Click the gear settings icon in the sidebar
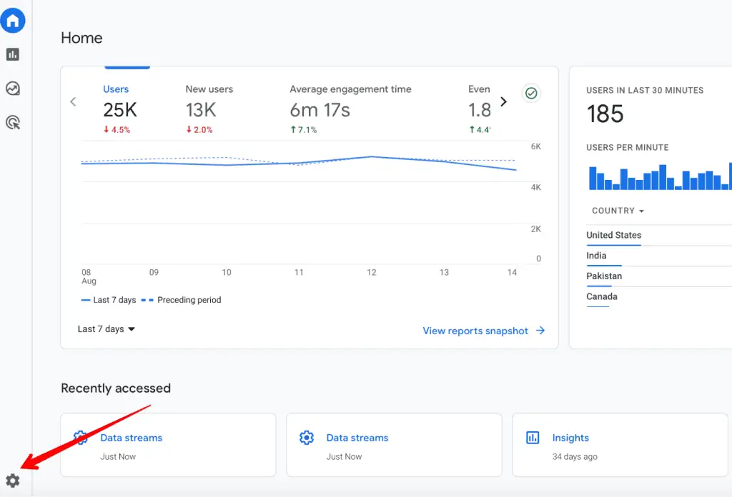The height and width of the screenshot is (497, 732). click(13, 481)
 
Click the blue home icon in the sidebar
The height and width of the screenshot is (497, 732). click(13, 21)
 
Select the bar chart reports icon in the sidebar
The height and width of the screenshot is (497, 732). click(13, 54)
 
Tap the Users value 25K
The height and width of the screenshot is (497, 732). click(119, 110)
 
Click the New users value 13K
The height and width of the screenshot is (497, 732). click(201, 110)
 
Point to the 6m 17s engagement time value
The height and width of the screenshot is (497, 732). click(320, 110)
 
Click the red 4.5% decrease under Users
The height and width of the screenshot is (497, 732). click(117, 130)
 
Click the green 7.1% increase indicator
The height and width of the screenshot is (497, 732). click(303, 130)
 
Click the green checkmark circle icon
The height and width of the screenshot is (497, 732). click(531, 94)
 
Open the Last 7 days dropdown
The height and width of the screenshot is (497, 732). click(107, 329)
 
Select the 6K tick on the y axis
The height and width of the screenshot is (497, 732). click(535, 146)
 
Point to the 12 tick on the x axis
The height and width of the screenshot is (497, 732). click(371, 272)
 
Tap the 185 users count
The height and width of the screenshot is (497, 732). click(605, 114)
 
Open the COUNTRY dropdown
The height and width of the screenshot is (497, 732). click(618, 211)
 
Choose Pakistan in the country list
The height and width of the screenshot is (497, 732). click(604, 276)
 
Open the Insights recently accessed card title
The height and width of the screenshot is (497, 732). click(570, 438)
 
